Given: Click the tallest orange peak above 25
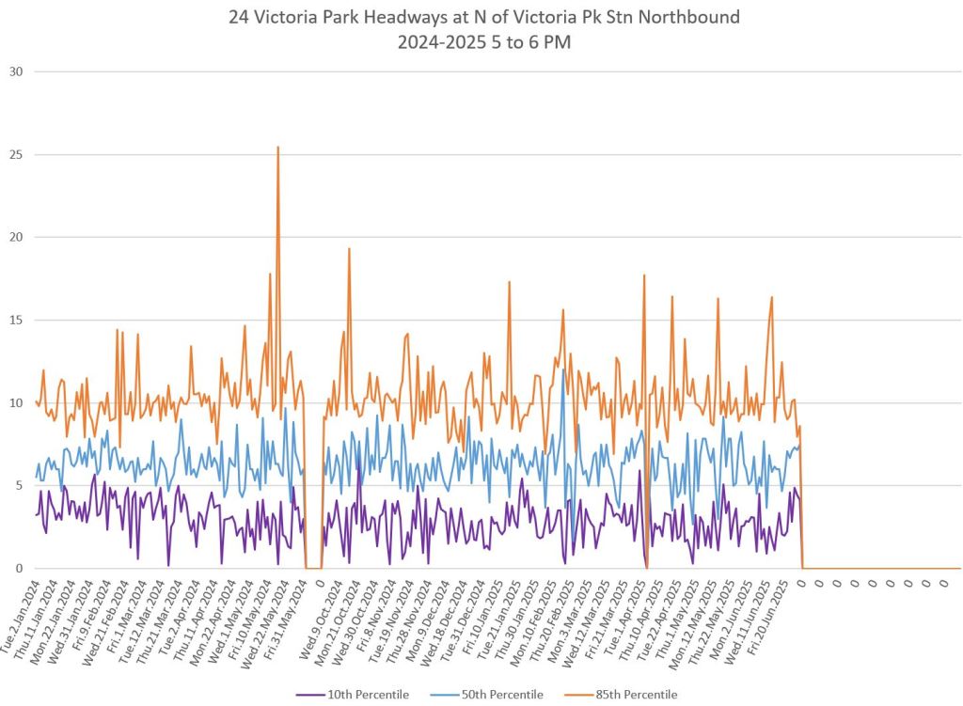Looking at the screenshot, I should pyautogui.click(x=277, y=148).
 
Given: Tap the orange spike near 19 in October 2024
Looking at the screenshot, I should pyautogui.click(x=349, y=249).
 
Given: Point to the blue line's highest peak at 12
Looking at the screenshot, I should pyautogui.click(x=562, y=369).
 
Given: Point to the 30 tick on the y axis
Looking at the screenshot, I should pyautogui.click(x=14, y=71).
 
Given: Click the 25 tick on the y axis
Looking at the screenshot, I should pyautogui.click(x=14, y=154).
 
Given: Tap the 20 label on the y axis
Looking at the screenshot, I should pyautogui.click(x=14, y=237).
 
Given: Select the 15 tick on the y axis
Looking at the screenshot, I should pyautogui.click(x=14, y=320).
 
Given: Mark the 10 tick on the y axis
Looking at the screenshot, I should pyautogui.click(x=14, y=402).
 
